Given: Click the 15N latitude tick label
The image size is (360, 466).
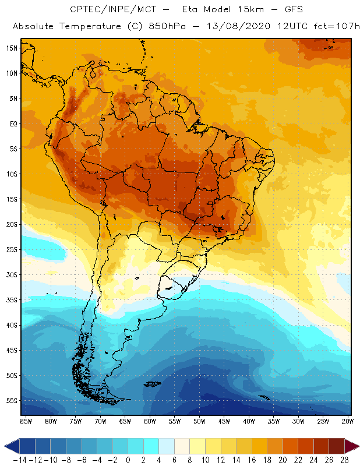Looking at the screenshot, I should [x=11, y=48].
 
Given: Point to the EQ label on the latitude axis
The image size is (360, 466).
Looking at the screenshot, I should [x=12, y=123].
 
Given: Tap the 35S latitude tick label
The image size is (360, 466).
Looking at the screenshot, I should [x=11, y=300].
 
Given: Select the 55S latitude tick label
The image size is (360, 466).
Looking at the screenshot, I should [x=11, y=401].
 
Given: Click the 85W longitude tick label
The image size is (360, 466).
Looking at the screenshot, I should [x=26, y=421].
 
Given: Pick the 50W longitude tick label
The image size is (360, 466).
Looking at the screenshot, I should [x=200, y=421].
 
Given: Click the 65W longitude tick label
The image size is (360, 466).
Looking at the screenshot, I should [x=125, y=421].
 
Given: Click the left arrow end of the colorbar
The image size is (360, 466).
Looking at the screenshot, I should [x=11, y=446].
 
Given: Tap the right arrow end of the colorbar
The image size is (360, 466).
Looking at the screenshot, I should [x=352, y=446].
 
